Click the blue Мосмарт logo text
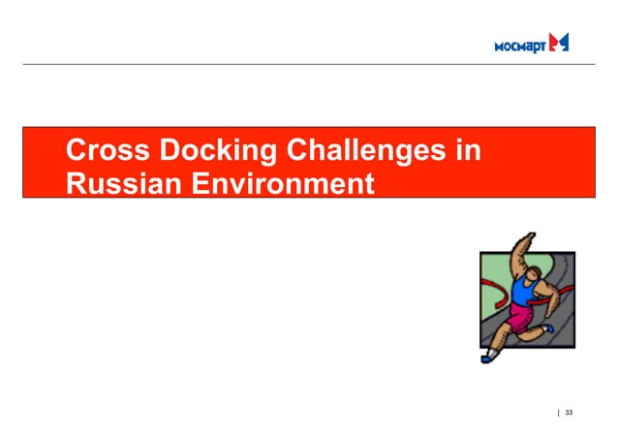(519, 45)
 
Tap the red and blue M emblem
(559, 42)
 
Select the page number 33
(569, 413)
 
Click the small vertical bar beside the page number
(558, 413)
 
